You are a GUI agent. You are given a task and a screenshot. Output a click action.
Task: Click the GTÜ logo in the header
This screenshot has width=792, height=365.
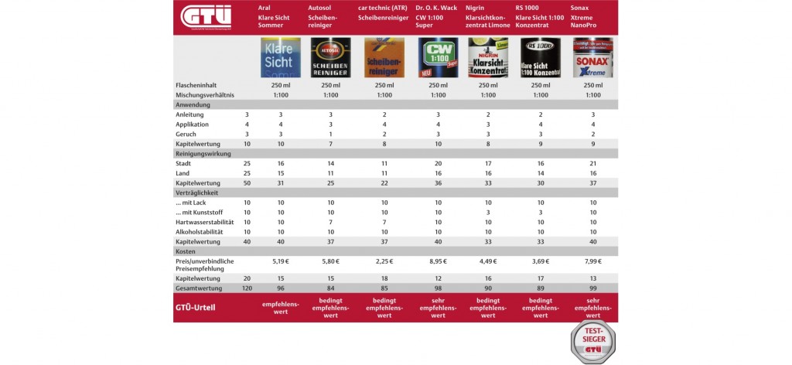[206, 17]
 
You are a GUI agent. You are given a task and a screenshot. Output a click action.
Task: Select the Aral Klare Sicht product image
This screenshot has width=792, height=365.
[280, 57]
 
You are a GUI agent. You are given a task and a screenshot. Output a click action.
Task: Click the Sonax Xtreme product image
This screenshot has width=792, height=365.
[592, 57]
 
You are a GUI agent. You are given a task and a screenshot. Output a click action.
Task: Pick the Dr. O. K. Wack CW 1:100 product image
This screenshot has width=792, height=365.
[438, 57]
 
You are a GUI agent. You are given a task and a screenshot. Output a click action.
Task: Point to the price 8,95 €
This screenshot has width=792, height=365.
[438, 263]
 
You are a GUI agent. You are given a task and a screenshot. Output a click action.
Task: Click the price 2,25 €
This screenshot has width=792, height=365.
[384, 263]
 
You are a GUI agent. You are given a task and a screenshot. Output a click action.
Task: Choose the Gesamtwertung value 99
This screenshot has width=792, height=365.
[593, 288]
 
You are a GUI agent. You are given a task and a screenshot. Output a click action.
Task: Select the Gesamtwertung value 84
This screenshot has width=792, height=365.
[330, 288]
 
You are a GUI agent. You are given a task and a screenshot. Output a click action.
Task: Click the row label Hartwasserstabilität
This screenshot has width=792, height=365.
[204, 222]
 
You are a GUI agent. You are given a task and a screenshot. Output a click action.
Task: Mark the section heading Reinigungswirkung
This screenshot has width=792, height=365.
[203, 153]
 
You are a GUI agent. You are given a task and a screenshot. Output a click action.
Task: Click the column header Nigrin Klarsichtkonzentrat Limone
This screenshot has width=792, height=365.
[488, 16]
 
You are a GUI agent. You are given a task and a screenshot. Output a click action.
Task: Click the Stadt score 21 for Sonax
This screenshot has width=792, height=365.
[593, 164]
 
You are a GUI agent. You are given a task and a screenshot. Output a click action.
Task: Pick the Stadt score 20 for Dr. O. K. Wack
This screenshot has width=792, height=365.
[438, 164]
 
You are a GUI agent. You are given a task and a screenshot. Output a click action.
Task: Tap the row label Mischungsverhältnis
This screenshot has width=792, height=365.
[204, 95]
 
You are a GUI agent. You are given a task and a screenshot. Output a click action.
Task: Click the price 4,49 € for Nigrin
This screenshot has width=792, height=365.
[488, 263]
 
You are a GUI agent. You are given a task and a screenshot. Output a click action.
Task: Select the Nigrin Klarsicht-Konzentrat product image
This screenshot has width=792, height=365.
[488, 57]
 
